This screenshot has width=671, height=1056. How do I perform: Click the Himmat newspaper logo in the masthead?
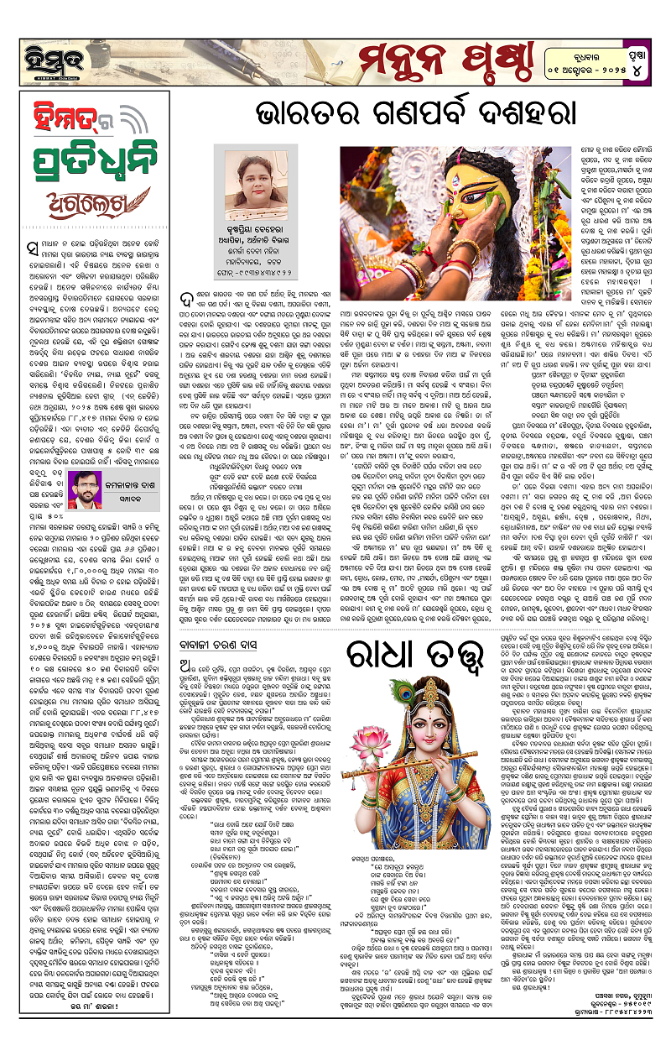click(x=39, y=33)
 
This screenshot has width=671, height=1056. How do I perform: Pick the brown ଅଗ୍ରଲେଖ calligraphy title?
click(x=65, y=196)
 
